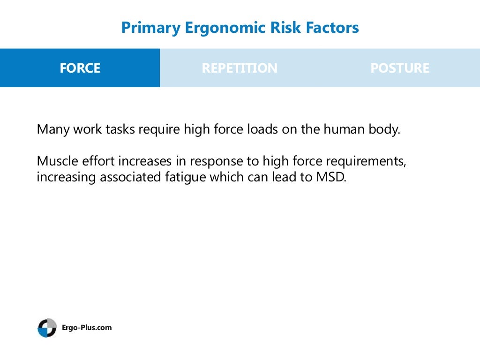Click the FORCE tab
(x=80, y=68)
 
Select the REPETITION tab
(x=240, y=68)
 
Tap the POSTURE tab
(x=399, y=68)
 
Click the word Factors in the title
(x=336, y=28)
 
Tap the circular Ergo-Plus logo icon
(x=47, y=328)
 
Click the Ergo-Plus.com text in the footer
(x=87, y=328)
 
